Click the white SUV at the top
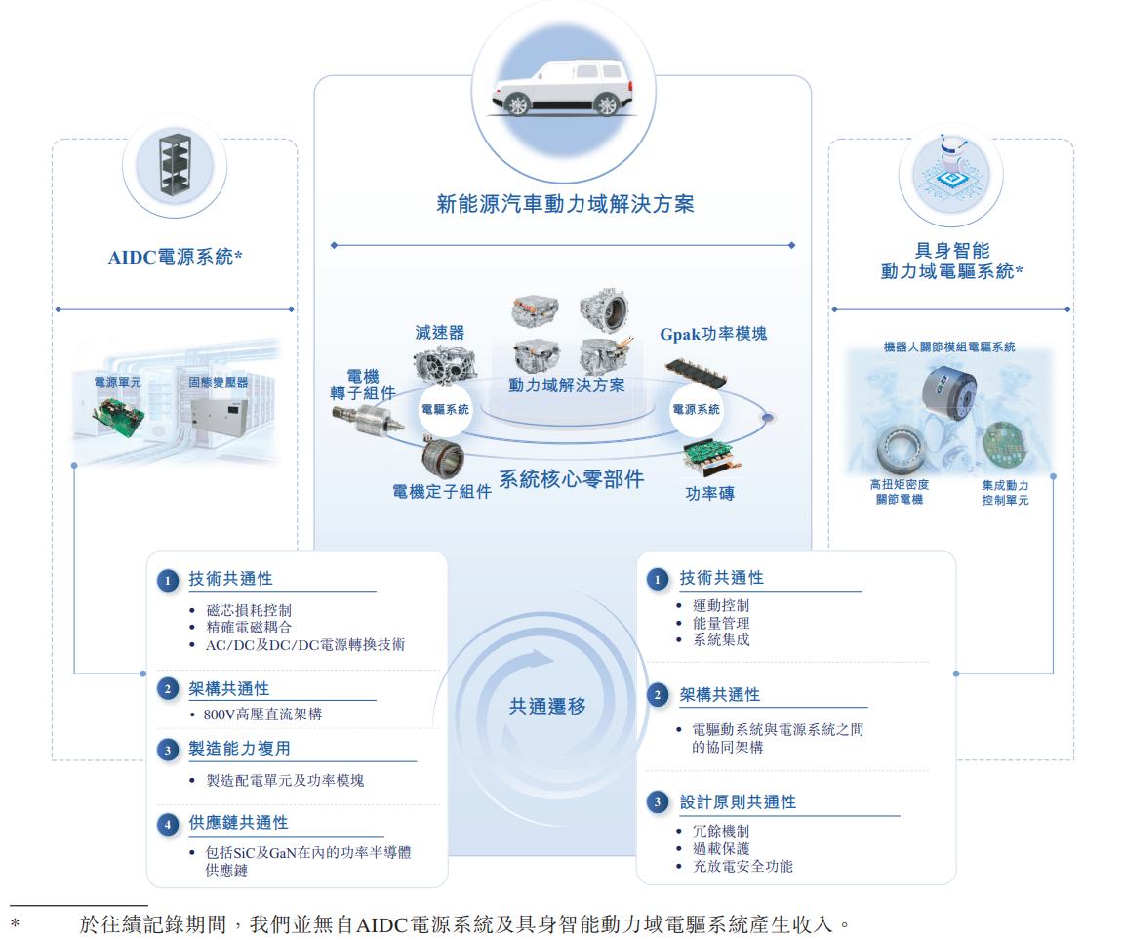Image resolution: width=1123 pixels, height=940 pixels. tap(563, 88)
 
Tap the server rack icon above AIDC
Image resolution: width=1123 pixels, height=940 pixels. tap(176, 164)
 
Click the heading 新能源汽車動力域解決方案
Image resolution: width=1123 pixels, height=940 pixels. tap(565, 204)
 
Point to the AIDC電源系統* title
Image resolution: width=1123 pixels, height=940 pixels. tap(175, 257)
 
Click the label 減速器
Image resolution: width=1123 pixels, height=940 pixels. tap(440, 333)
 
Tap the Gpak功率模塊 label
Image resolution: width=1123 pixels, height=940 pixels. tap(713, 333)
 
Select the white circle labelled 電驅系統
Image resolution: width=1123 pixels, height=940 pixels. tap(445, 409)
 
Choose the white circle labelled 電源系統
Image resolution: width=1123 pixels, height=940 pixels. tap(696, 409)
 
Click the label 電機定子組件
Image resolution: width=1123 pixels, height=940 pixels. tap(442, 492)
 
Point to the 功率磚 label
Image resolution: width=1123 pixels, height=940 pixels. tap(709, 493)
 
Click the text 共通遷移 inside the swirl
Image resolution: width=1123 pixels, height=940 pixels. tap(547, 707)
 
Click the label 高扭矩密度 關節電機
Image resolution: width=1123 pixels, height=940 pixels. tap(900, 492)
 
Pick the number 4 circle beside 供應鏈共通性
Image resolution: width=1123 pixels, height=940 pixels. tap(168, 824)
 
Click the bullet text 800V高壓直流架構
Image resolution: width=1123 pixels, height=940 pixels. tap(262, 715)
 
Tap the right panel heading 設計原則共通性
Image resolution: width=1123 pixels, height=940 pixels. tap(738, 802)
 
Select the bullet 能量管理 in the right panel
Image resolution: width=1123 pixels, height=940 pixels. tap(721, 624)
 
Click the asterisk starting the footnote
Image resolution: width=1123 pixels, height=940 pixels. tap(15, 922)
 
